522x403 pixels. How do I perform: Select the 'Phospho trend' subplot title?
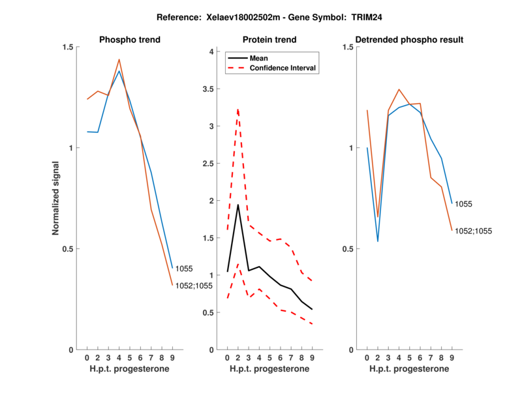click(x=130, y=40)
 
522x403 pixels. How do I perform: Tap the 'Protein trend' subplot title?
click(x=269, y=40)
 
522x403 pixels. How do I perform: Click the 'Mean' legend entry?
click(x=259, y=58)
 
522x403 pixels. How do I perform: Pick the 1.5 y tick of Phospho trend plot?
click(x=67, y=47)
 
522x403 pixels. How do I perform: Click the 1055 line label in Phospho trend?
click(x=185, y=268)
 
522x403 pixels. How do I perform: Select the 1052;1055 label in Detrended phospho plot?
click(x=474, y=231)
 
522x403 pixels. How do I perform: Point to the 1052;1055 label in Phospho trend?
click(x=194, y=286)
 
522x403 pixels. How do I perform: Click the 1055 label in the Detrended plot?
click(x=464, y=204)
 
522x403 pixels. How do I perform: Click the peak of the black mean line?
click(x=238, y=205)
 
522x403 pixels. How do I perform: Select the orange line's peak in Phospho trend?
click(x=119, y=59)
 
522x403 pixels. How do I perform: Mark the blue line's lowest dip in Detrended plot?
click(x=378, y=241)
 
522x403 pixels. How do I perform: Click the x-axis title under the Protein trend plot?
click(x=269, y=368)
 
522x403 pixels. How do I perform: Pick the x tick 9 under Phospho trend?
click(x=172, y=357)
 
